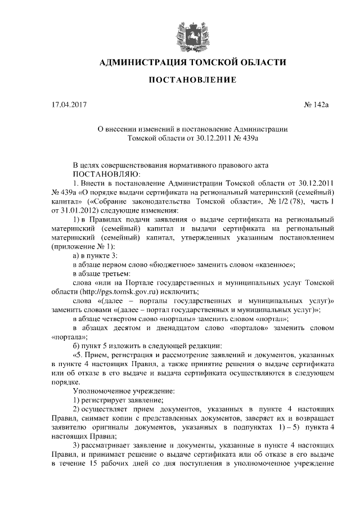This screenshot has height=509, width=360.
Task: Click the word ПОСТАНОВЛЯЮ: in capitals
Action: coord(102,174)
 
